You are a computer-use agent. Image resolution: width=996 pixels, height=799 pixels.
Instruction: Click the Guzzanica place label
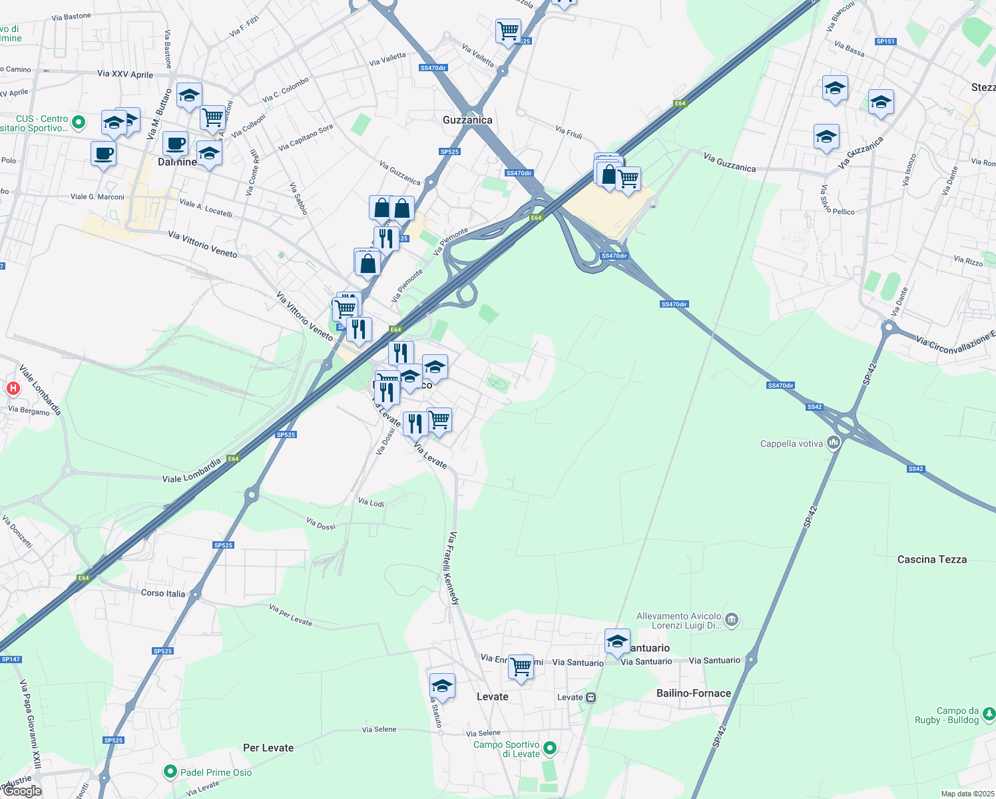point(467,120)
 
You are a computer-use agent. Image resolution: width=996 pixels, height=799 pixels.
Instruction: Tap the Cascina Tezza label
point(931,559)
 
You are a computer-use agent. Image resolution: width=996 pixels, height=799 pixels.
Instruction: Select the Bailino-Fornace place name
point(693,693)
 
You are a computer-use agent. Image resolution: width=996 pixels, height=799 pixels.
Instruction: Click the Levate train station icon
point(591,697)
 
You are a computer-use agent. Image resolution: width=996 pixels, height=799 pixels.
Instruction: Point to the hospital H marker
point(13,388)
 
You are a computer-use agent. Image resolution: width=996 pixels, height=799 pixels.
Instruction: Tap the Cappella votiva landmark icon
point(833,443)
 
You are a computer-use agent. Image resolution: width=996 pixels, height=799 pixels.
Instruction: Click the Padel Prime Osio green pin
point(170,772)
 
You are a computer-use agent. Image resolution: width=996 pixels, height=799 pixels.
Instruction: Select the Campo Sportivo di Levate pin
point(549,748)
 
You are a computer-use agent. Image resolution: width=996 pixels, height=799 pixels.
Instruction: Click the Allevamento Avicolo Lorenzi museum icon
point(732,621)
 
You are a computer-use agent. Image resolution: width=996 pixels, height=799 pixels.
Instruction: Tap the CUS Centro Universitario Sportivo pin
point(79,122)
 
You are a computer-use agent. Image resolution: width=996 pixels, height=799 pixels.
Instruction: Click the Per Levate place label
point(268,748)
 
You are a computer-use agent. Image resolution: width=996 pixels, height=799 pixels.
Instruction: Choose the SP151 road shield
point(885,41)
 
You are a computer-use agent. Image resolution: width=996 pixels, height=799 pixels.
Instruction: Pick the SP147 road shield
point(11,659)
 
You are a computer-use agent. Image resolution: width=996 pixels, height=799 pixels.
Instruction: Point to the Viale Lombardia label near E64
point(192,471)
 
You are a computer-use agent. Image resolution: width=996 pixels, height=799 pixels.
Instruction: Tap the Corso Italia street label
point(163,593)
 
